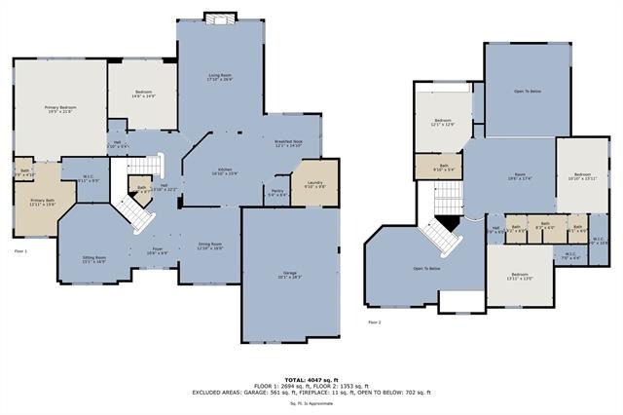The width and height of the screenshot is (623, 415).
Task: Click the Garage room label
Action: tap(290, 275)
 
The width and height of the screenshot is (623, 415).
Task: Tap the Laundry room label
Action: tap(314, 184)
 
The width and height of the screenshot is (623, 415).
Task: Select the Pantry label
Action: tap(277, 193)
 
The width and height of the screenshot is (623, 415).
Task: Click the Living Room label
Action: tap(220, 77)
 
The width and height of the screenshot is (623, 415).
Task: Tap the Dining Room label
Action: tap(210, 246)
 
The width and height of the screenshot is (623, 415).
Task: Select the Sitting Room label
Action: tap(93, 259)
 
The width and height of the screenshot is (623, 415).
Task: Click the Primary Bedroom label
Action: tap(60, 109)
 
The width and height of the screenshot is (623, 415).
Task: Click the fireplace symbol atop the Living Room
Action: tap(220, 17)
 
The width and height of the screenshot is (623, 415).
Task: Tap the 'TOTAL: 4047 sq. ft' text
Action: tap(311, 378)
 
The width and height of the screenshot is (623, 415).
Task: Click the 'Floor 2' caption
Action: tap(374, 321)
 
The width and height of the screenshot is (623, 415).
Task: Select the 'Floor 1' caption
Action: tap(20, 251)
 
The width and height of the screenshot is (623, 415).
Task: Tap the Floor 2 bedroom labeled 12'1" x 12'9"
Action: tap(443, 123)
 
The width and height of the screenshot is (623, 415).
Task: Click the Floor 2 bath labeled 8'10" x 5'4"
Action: tap(443, 168)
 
